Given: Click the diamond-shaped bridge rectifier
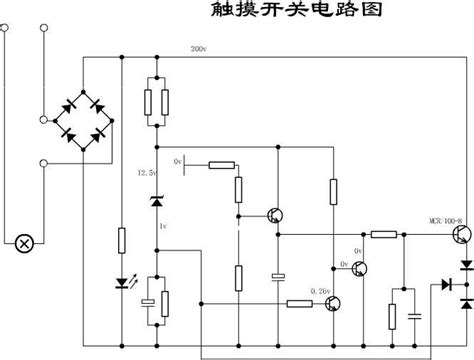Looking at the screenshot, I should coord(82,118).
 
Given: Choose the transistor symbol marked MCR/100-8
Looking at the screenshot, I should coord(455,235).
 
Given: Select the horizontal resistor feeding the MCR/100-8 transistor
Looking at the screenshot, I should coord(384,235).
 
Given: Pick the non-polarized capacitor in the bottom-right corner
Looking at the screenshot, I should coord(414,287).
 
